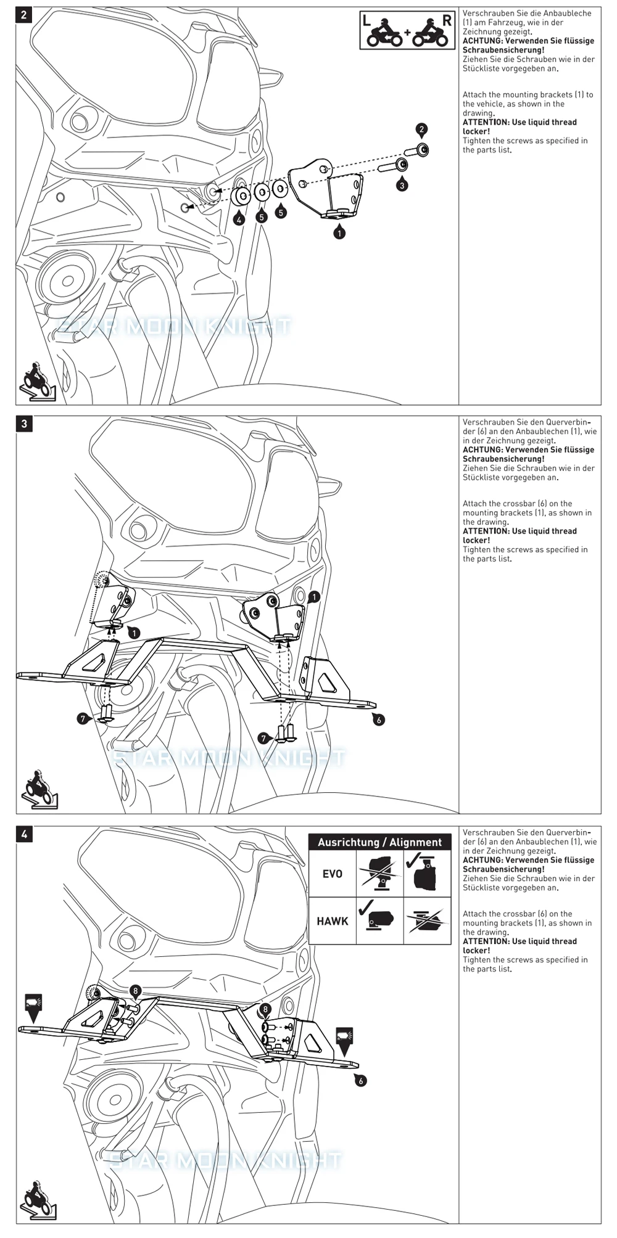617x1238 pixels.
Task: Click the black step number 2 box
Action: [x=24, y=15]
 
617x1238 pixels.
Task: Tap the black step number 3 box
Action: [x=24, y=424]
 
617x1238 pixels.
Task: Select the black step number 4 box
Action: [x=24, y=834]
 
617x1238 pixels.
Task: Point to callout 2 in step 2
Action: [x=421, y=129]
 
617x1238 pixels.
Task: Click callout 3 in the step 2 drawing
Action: [x=402, y=185]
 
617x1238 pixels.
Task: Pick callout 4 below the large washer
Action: [x=239, y=219]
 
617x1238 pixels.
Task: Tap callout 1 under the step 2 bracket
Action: [x=339, y=233]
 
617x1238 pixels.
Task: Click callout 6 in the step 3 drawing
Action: [x=378, y=719]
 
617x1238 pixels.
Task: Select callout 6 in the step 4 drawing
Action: [x=360, y=1080]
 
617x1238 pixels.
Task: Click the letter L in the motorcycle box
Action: [x=366, y=20]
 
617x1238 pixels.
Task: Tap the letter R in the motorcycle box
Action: [x=447, y=20]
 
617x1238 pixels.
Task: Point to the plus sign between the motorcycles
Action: [x=407, y=31]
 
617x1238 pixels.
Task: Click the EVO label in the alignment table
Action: [x=332, y=874]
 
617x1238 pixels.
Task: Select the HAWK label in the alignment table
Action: [x=332, y=921]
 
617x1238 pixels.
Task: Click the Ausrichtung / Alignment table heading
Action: [x=379, y=842]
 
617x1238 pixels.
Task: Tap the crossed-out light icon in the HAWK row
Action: [x=426, y=921]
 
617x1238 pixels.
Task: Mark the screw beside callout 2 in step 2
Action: [x=416, y=150]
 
